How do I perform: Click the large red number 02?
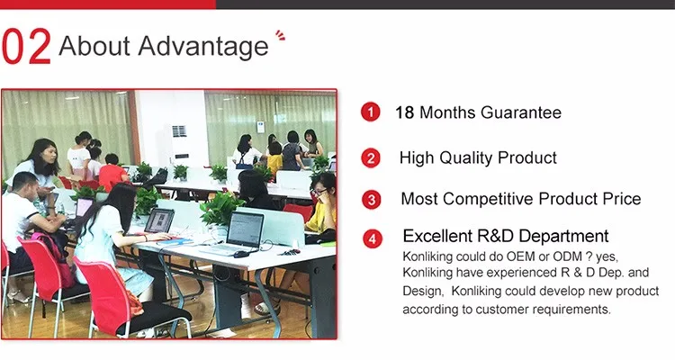click(x=26, y=47)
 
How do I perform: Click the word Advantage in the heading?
click(x=203, y=47)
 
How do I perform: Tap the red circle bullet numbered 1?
click(x=370, y=112)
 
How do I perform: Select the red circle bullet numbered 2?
click(x=371, y=158)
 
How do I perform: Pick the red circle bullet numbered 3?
click(x=371, y=200)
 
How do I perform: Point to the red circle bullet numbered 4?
click(x=373, y=239)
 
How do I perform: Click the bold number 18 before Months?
click(x=405, y=112)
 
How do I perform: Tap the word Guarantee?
click(x=521, y=112)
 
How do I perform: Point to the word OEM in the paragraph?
click(x=520, y=256)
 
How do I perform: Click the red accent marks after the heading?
click(x=280, y=35)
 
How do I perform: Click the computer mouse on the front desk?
click(x=241, y=254)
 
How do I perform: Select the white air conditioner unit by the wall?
click(x=179, y=139)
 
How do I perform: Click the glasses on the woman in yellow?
click(x=319, y=192)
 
